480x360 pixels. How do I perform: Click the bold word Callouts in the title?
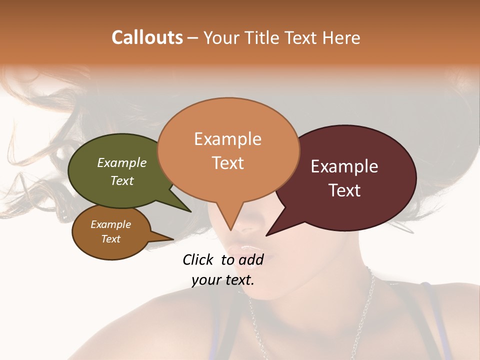point(147,37)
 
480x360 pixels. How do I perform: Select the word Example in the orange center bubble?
point(227,139)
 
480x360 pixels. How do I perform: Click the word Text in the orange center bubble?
point(227,163)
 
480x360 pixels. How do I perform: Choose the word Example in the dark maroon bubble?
point(344,166)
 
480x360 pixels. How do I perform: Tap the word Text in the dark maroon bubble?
point(344,190)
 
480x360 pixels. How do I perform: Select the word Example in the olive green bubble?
point(122,162)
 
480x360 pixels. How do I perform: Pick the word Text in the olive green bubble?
point(122,180)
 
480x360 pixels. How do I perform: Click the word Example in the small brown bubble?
point(110,224)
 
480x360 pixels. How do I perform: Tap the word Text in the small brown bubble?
point(110,239)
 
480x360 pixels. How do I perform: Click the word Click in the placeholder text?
point(199,259)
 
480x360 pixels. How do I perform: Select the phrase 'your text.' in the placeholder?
point(223,280)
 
